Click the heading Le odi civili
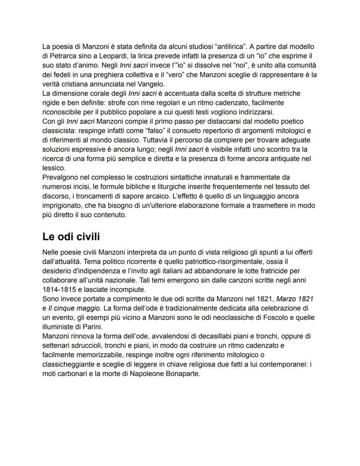71,237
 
